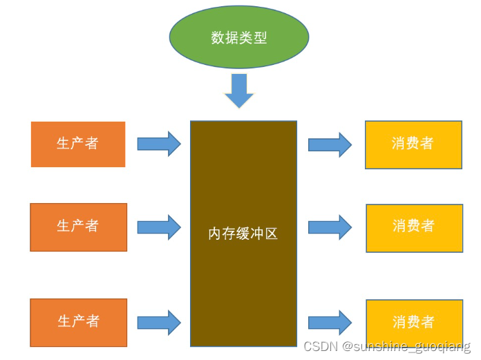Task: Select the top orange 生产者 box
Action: (x=78, y=144)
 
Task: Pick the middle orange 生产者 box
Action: (x=78, y=227)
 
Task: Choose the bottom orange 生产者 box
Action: (x=78, y=322)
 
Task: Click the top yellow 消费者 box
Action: (x=413, y=145)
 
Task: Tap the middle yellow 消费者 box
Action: (x=414, y=228)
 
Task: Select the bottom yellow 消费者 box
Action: (x=414, y=323)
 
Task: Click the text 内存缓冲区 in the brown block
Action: (x=243, y=234)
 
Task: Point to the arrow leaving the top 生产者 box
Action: (x=159, y=144)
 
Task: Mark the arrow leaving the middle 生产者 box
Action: (x=159, y=227)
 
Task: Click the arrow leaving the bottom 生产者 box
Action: (x=159, y=322)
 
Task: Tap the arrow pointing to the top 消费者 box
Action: (x=330, y=144)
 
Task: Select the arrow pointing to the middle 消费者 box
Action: (x=330, y=227)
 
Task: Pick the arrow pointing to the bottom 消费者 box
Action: (x=330, y=323)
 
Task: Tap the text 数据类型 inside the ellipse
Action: (x=239, y=37)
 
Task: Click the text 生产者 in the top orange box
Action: (x=77, y=143)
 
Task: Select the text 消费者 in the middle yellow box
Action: (x=414, y=226)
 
